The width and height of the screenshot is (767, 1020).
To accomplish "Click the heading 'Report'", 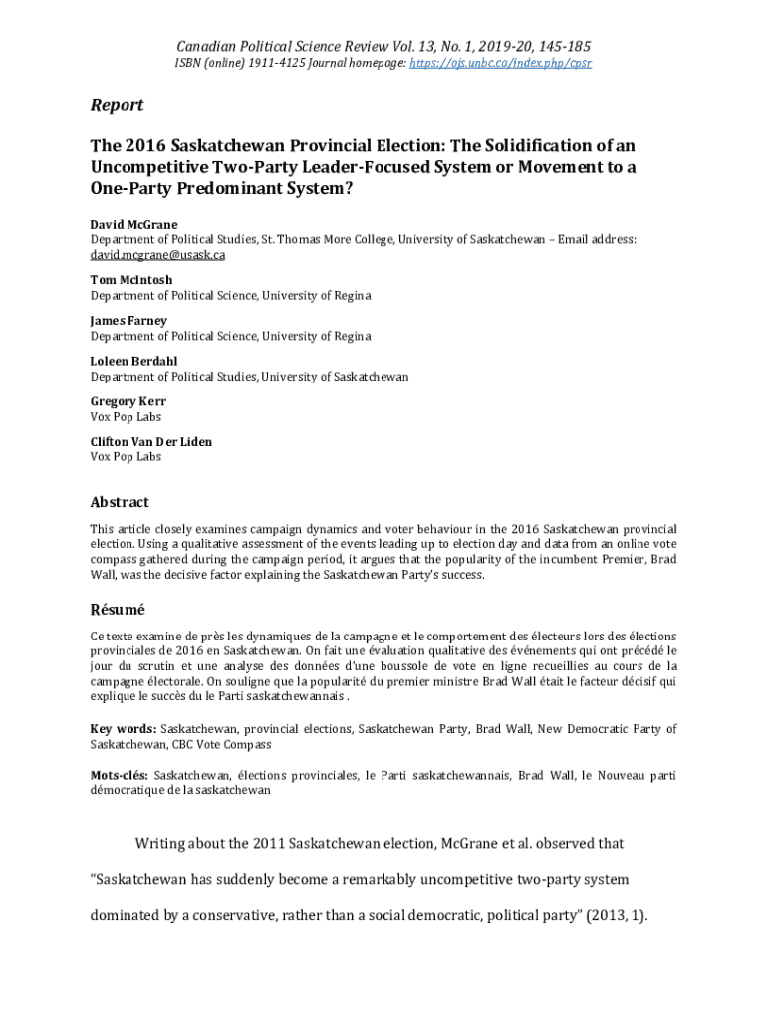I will click(117, 105).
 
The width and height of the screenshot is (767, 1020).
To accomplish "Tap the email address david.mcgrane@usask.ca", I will click(157, 255).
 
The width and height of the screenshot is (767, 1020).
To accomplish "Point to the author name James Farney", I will click(128, 321).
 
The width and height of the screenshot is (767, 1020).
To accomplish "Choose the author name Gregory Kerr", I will click(128, 401).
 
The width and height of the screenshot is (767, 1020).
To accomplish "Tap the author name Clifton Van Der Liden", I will click(151, 442).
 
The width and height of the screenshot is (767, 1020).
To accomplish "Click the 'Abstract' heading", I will click(120, 502).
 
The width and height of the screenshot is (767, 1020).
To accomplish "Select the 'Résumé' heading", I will click(118, 609).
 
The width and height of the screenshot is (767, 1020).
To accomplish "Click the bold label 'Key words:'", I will click(123, 730).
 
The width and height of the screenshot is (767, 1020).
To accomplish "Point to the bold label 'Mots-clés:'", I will click(120, 775).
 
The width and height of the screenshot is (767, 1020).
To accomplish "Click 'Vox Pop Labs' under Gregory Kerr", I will click(126, 416).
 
